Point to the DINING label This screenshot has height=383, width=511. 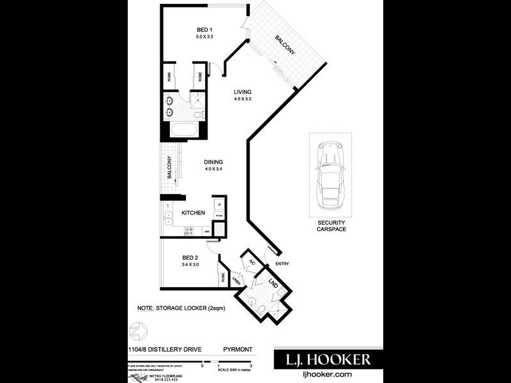coord(213,162)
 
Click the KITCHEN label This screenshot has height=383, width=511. coord(193,213)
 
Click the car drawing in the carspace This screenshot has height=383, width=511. coord(330,174)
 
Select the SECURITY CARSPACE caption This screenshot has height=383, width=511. coord(330,225)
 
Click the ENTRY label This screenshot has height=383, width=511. coord(282,264)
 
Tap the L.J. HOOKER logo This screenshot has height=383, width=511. coord(323,359)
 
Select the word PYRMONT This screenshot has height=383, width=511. coord(238,350)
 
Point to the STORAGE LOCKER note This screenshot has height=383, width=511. coord(181,308)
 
